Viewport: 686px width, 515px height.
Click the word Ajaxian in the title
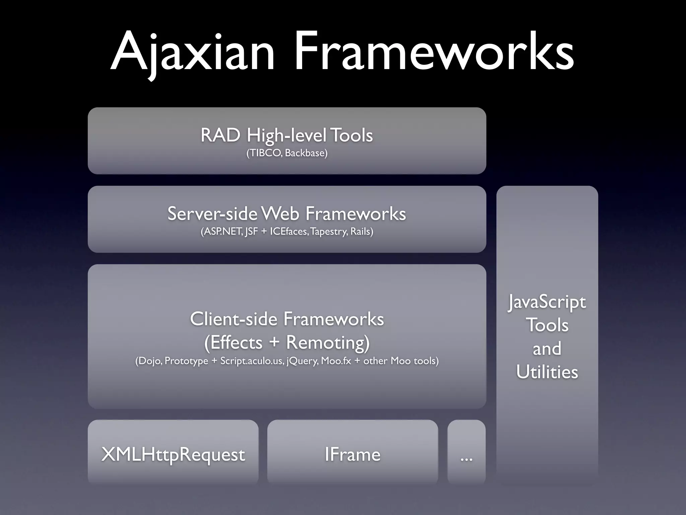point(193,52)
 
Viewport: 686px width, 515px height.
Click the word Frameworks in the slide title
point(434,52)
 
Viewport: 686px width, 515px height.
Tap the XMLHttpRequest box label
point(173,455)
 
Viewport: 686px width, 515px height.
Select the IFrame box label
point(352,455)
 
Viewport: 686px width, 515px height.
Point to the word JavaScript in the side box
point(547,302)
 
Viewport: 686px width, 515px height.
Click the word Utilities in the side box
point(547,372)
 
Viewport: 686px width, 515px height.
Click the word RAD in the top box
point(220,135)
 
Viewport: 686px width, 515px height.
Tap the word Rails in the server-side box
point(360,232)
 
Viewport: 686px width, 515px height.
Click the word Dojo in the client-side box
point(149,361)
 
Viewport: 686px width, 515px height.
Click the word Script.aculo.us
point(252,361)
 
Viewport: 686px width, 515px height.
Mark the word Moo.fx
point(336,361)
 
